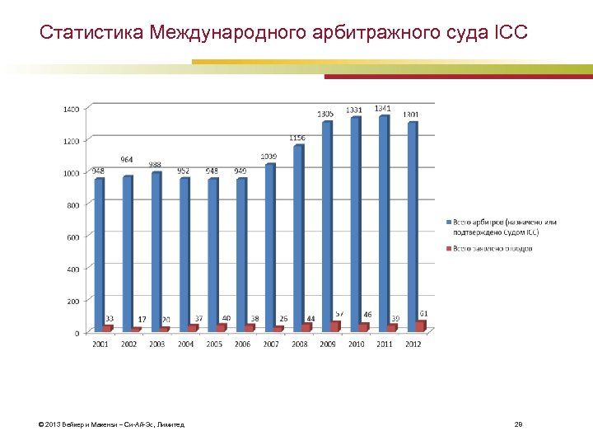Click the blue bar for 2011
coord(383,222)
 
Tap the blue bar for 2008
coord(298,238)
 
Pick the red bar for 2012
coord(421,326)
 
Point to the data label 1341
coord(383,109)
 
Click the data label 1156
coord(297,138)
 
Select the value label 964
coord(127,159)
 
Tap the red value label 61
coord(423,313)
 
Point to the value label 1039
coord(268,156)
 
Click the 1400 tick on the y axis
coord(72,109)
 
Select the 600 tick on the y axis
coord(73,237)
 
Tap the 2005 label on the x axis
coord(214,344)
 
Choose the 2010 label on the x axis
coord(357,344)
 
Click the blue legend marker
coord(448,222)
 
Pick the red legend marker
coord(448,247)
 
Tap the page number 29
coord(518,424)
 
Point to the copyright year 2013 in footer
coord(54,424)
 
